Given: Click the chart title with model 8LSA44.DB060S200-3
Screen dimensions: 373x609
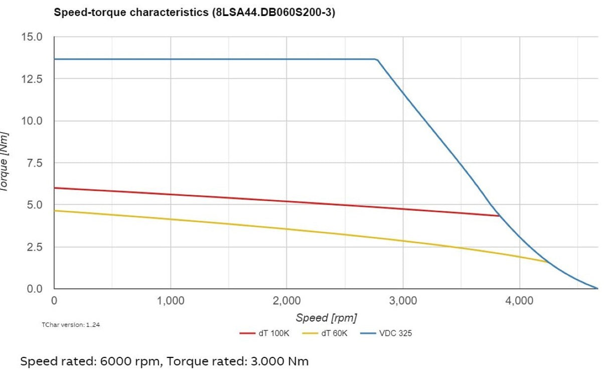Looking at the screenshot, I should pyautogui.click(x=194, y=13).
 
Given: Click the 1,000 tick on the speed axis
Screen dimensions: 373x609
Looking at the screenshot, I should pyautogui.click(x=171, y=301).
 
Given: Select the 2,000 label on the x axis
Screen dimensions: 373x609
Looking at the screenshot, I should pyautogui.click(x=287, y=301).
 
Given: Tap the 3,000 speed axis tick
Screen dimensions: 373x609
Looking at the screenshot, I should pyautogui.click(x=403, y=301).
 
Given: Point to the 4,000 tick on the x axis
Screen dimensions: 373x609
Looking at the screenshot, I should pyautogui.click(x=519, y=301).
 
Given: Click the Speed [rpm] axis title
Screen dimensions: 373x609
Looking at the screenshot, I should pyautogui.click(x=326, y=317).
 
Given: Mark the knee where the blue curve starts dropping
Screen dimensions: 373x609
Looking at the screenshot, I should pyautogui.click(x=377, y=60).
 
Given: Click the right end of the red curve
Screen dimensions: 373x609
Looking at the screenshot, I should pyautogui.click(x=499, y=216).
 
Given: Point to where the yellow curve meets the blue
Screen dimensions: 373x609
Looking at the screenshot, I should pyautogui.click(x=548, y=262).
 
